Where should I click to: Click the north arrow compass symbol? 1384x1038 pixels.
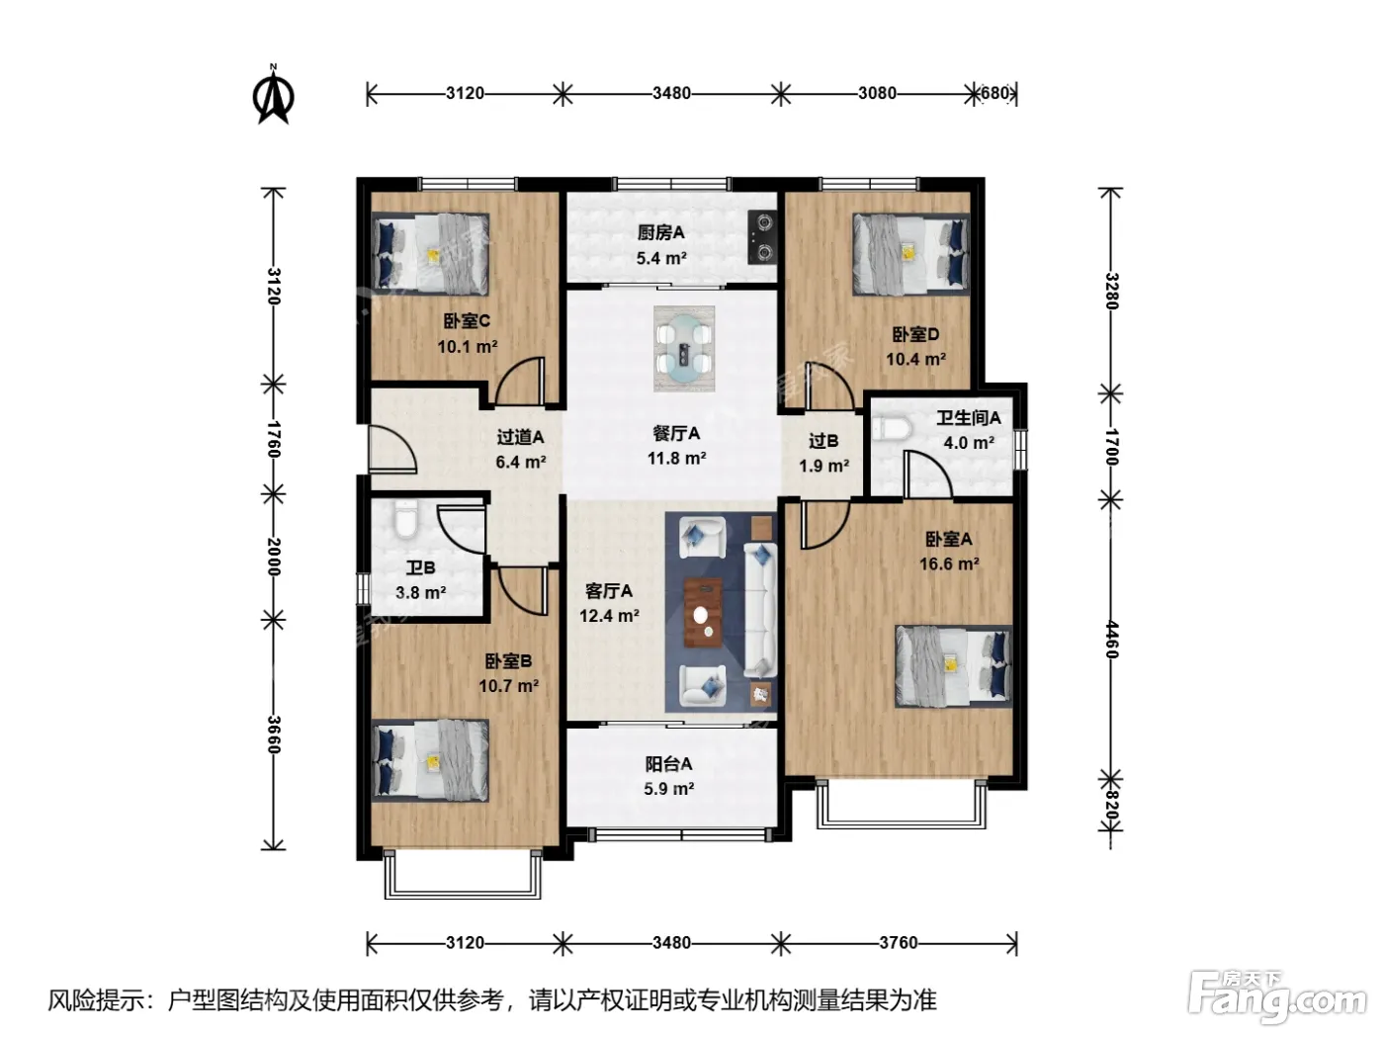tap(273, 95)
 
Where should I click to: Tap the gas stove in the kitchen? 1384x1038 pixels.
tap(762, 237)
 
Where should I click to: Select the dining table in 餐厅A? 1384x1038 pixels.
tap(683, 349)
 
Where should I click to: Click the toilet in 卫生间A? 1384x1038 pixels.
tap(893, 429)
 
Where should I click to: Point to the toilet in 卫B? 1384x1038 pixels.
tap(405, 521)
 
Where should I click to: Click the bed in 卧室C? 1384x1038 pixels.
tap(431, 254)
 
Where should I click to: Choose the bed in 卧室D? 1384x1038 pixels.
tap(911, 254)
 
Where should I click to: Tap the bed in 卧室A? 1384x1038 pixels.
tap(953, 665)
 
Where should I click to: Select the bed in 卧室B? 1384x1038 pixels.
tap(431, 760)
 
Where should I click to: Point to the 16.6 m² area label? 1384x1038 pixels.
tap(949, 563)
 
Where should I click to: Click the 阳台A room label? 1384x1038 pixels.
tap(668, 764)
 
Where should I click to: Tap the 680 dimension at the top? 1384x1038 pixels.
tap(995, 93)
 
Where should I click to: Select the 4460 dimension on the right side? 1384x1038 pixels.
tap(1111, 640)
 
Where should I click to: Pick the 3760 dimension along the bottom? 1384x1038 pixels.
tap(898, 943)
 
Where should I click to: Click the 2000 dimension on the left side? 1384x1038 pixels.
tap(273, 557)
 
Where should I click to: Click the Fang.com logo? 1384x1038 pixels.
tap(1277, 1001)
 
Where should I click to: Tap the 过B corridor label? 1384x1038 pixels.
tap(823, 441)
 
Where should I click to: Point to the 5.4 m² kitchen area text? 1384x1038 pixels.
tap(660, 258)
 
